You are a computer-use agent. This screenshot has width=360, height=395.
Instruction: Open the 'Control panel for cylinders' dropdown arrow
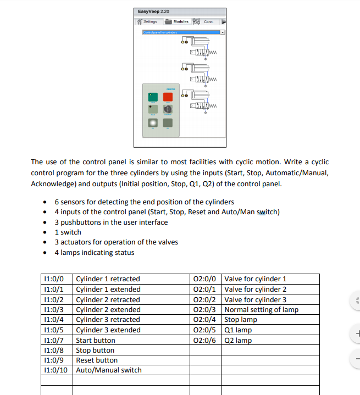click(x=223, y=32)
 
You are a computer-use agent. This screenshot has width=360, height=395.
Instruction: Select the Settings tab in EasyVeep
click(x=147, y=22)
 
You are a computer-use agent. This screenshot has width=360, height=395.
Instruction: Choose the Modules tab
click(x=177, y=22)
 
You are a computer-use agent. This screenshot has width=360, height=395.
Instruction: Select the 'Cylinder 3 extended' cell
click(x=108, y=330)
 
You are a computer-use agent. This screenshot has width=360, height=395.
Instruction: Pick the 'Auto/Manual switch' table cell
click(x=108, y=370)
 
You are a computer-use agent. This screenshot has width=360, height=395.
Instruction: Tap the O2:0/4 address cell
click(x=206, y=320)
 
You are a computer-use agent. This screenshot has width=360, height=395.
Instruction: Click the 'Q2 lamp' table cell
click(x=238, y=340)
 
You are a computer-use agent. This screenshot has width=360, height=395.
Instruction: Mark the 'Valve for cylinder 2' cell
click(x=255, y=289)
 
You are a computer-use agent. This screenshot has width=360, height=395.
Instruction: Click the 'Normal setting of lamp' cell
click(x=261, y=309)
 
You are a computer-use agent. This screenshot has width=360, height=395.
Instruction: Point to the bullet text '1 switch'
click(x=68, y=232)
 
